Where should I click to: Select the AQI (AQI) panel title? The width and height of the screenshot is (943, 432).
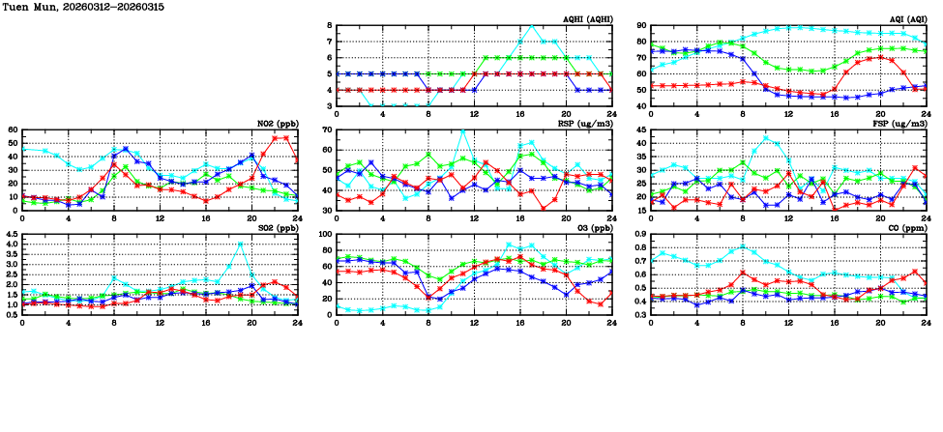pos(907,19)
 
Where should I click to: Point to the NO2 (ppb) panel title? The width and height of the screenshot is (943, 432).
pos(278,124)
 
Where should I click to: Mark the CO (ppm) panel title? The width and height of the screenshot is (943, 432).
pos(906,228)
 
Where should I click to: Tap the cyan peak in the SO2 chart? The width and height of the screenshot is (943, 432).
pos(240,244)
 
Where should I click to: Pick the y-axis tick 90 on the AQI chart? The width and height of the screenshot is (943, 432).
pos(642,26)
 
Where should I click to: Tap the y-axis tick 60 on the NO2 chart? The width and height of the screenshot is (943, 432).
pos(13,130)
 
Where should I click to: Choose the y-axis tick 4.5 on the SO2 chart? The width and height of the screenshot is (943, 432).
pos(11,235)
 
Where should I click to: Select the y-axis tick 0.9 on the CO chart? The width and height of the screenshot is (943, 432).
pos(640,235)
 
